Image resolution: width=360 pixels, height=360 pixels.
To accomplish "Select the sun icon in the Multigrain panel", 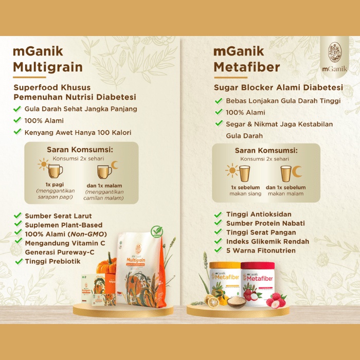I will point(43,165).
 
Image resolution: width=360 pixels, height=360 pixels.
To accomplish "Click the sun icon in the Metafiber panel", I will point(232,170).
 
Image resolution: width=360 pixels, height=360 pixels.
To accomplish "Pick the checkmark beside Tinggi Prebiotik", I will point(17,261).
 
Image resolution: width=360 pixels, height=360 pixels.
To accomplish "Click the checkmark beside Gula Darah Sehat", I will point(17,109).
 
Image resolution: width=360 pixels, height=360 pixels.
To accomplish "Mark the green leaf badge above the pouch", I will point(156,232).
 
